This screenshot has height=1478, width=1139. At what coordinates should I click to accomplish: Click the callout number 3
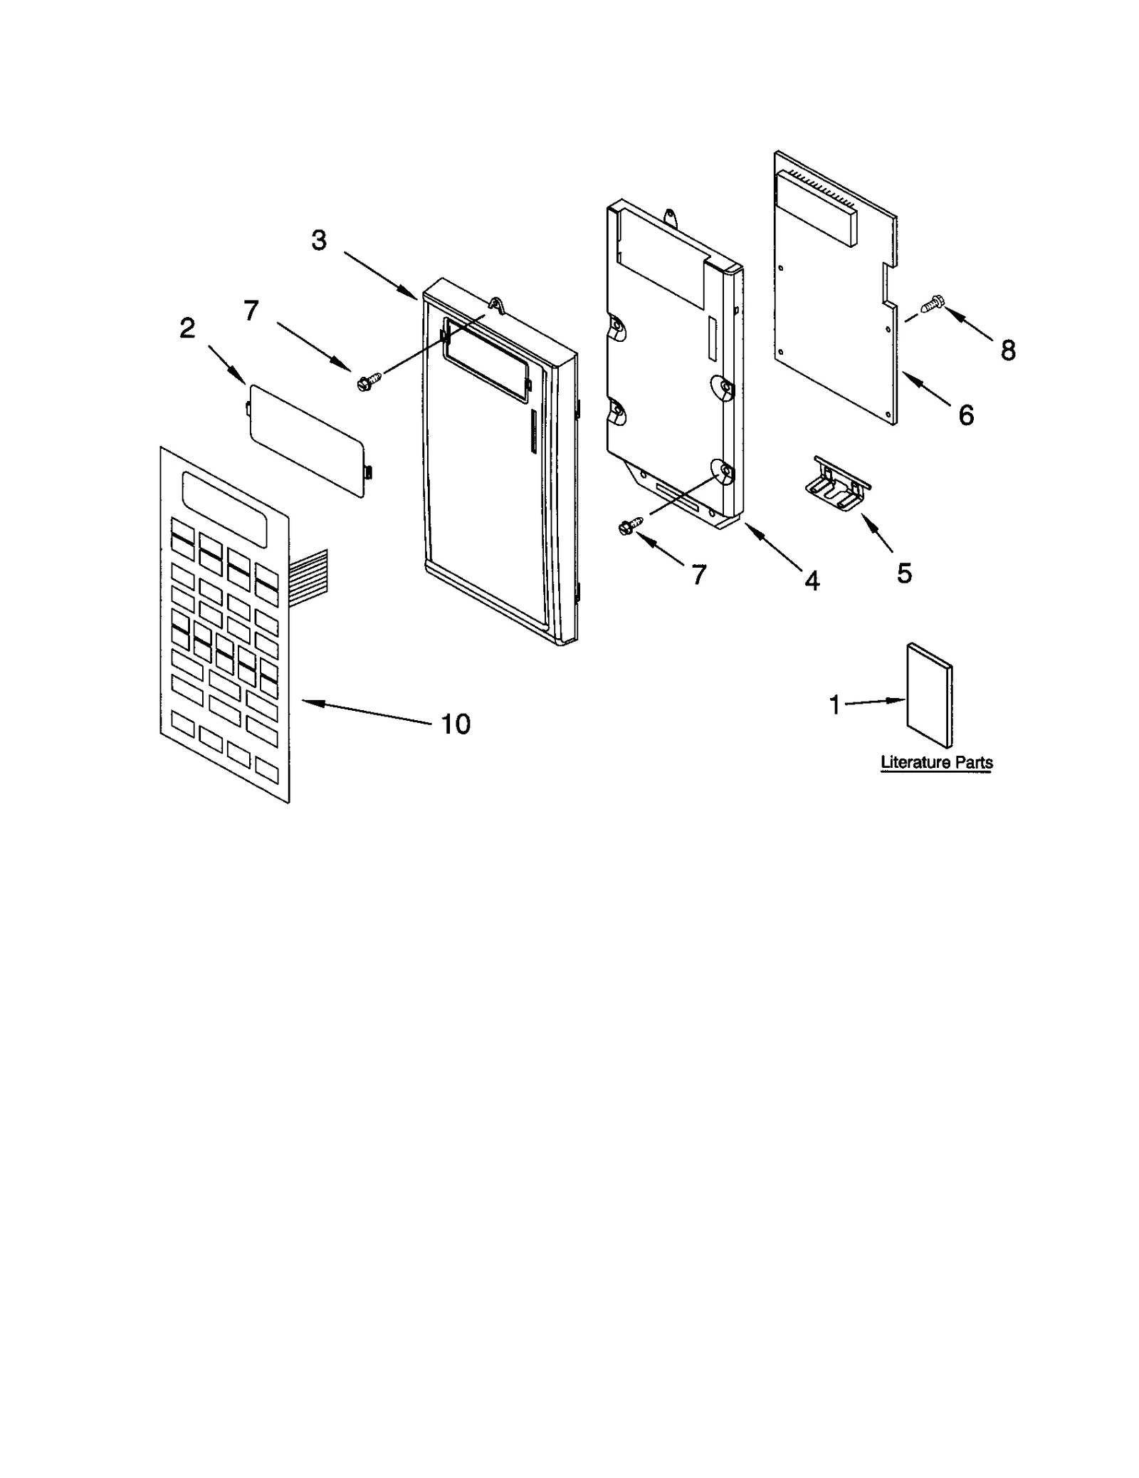(x=319, y=241)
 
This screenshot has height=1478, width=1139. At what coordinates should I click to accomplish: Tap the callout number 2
(x=187, y=328)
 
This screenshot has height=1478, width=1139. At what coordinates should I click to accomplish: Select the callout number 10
(x=456, y=724)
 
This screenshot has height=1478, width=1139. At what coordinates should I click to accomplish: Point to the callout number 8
(x=1007, y=350)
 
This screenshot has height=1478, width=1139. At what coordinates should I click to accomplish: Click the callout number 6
(x=965, y=415)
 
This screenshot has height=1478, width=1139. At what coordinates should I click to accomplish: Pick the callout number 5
(x=903, y=573)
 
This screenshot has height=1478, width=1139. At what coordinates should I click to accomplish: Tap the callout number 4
(x=812, y=581)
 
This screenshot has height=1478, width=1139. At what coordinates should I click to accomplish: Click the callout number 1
(x=835, y=705)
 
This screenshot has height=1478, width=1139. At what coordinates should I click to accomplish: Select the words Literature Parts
(x=936, y=762)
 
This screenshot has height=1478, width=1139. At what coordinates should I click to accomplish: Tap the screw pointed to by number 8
(x=930, y=307)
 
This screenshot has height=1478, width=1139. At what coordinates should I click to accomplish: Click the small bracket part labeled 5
(x=838, y=485)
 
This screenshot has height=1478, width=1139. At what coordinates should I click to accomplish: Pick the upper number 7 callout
(x=251, y=311)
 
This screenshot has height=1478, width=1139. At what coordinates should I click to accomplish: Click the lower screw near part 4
(x=629, y=526)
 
